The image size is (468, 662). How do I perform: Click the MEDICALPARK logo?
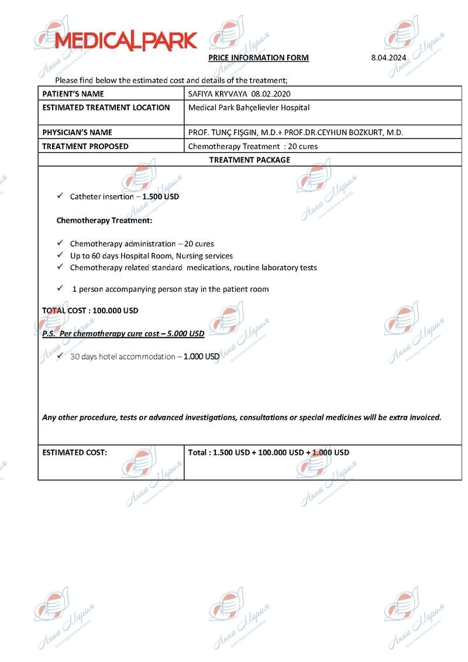pyautogui.click(x=126, y=40)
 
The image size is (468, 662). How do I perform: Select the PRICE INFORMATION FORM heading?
pyautogui.click(x=259, y=57)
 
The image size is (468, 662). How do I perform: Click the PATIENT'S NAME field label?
pyautogui.click(x=73, y=94)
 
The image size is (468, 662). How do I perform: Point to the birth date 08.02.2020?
pyautogui.click(x=271, y=94)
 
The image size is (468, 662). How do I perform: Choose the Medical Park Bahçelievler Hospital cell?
pyautogui.click(x=249, y=108)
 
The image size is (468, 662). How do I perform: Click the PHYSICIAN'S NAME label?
pyautogui.click(x=77, y=132)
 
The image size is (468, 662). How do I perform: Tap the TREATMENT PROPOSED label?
pyautogui.click(x=85, y=146)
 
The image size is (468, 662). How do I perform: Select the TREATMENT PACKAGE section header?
pyautogui.click(x=249, y=160)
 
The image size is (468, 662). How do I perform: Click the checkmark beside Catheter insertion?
pyautogui.click(x=60, y=196)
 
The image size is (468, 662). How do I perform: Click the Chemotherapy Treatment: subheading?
pyautogui.click(x=104, y=220)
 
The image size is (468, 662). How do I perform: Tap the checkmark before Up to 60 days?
pyautogui.click(x=60, y=255)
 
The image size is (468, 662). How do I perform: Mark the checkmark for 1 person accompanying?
pyautogui.click(x=60, y=288)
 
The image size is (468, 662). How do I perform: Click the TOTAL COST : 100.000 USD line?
pyautogui.click(x=90, y=311)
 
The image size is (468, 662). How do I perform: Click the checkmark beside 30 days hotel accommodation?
pyautogui.click(x=60, y=356)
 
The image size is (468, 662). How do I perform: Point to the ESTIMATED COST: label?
pyautogui.click(x=75, y=452)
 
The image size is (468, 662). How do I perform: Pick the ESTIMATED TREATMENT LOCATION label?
pyautogui.click(x=106, y=108)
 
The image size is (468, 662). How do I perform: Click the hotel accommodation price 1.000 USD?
pyautogui.click(x=201, y=356)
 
